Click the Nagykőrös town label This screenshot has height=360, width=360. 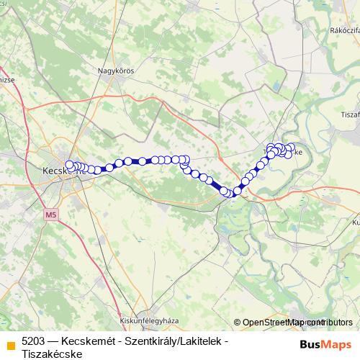click(x=116, y=71)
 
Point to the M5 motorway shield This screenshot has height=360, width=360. click(x=50, y=215)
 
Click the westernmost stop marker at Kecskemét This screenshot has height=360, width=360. click(x=69, y=165)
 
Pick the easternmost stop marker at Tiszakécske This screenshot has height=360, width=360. click(x=289, y=153)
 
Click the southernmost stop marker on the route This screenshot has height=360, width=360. click(x=229, y=193)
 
